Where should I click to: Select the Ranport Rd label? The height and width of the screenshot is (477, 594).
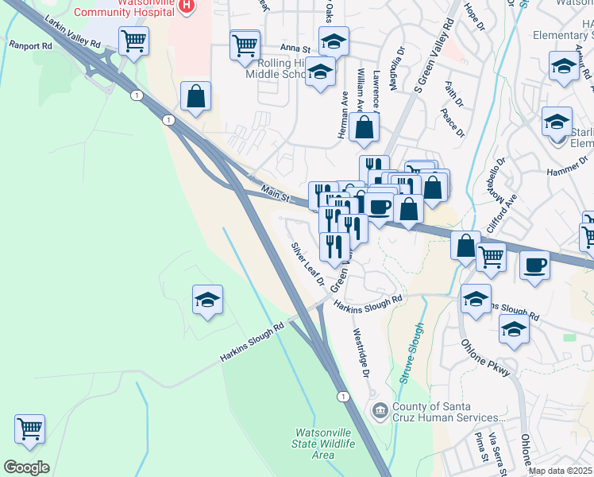click(30, 45)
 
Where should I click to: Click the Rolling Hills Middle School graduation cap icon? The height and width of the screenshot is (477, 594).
click(320, 72)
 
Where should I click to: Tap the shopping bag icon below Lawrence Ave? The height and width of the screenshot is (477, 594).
click(364, 127)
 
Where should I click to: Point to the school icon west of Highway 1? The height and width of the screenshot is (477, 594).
click(207, 300)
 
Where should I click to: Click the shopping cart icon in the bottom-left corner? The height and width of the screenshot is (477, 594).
click(30, 429)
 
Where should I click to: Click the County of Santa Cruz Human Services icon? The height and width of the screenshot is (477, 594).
click(380, 410)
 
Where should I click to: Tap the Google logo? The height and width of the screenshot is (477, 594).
click(26, 467)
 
